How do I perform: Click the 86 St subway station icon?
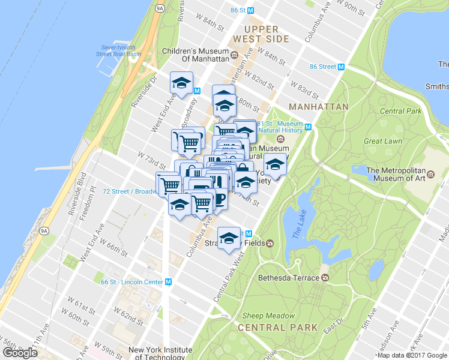coord(251,10)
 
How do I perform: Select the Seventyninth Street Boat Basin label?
coord(121,50)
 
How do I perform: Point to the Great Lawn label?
coord(382,141)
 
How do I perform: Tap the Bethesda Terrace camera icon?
coord(325,278)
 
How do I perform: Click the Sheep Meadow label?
coord(269,316)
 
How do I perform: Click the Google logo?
coord(20,352)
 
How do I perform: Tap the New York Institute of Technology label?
coord(160,353)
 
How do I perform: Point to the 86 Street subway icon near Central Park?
coord(341,67)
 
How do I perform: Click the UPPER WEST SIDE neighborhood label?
coord(261,34)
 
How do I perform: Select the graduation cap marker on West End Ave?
coord(181,83)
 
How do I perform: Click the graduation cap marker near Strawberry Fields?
coord(228,238)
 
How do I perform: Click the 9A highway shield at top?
coord(159,8)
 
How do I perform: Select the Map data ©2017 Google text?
coord(412,355)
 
